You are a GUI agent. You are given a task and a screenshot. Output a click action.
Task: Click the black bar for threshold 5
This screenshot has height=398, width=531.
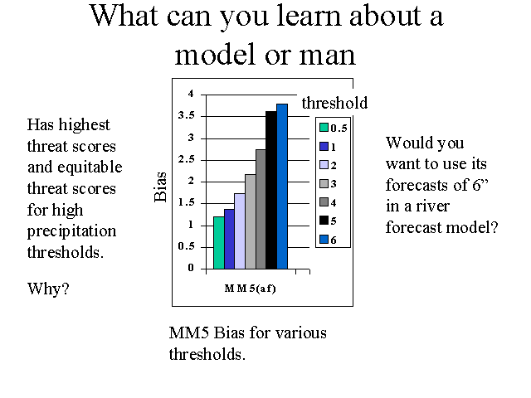(271, 190)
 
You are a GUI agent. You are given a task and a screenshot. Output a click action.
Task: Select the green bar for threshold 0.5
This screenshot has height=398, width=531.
(219, 243)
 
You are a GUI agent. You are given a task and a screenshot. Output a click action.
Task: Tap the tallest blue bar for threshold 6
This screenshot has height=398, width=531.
(282, 187)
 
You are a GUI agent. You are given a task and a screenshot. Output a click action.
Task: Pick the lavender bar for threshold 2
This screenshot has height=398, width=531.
(240, 231)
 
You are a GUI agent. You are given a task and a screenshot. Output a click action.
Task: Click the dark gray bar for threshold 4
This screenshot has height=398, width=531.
(261, 209)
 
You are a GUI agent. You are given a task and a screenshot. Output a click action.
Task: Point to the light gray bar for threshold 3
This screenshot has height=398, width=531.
(251, 221)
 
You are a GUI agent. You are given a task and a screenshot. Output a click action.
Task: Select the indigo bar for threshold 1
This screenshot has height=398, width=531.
(229, 239)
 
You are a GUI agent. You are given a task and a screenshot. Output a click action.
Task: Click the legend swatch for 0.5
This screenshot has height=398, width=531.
(324, 127)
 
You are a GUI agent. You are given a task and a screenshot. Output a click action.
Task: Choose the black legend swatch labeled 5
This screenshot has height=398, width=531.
(324, 221)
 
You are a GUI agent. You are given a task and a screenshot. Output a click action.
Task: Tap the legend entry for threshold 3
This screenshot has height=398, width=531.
(329, 184)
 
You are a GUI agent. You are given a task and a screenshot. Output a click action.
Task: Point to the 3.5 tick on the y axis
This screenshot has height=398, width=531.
(187, 115)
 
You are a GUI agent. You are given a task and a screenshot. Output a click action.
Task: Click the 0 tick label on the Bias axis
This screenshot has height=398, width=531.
(191, 268)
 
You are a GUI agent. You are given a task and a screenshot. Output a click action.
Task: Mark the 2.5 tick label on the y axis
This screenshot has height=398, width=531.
(187, 159)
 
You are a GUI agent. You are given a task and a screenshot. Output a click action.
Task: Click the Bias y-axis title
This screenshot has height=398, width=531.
(160, 187)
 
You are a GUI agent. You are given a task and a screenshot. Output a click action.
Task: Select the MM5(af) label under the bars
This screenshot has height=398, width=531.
(251, 289)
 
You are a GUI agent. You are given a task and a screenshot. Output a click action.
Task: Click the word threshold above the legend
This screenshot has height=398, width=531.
(334, 103)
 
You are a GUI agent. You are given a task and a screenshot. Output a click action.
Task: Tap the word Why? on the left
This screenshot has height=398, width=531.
(48, 289)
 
